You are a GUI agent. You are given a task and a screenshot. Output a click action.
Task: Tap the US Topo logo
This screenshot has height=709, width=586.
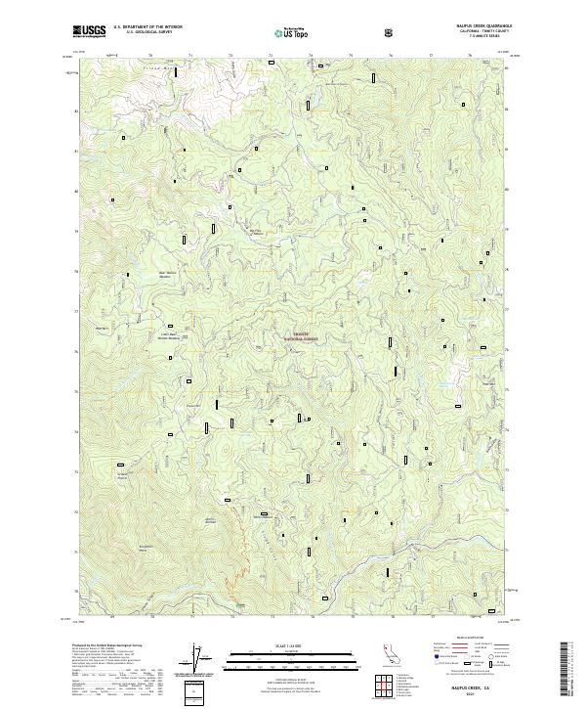point(290,32)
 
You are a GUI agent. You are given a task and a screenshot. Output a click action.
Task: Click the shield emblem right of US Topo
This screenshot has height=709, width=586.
point(336,32)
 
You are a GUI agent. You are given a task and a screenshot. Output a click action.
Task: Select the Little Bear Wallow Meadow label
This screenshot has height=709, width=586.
point(171,336)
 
